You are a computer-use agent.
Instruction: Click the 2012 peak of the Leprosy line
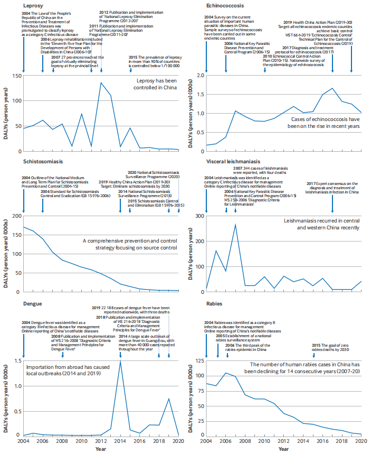coord(101,82)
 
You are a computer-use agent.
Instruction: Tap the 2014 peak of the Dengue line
coord(120,362)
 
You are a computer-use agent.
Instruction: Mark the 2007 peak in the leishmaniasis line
coord(235,225)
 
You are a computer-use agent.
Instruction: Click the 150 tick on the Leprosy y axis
coord(15,76)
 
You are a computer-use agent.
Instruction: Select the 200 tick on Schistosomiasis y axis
coord(15,216)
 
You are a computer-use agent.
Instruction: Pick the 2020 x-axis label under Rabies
coord(361,440)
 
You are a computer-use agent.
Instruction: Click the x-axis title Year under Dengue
coord(101,449)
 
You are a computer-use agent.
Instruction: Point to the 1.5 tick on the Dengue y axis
coord(16,362)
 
